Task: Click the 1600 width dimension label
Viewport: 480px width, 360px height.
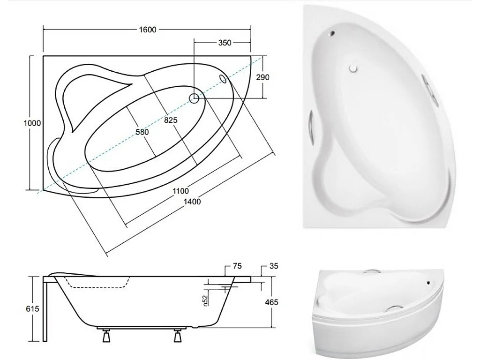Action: tap(147, 30)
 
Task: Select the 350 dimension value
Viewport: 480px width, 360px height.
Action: tap(225, 43)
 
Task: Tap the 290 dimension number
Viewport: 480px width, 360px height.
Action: tap(262, 77)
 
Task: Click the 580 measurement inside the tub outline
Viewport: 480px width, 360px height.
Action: tap(142, 132)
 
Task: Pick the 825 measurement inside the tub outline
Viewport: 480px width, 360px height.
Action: tap(171, 120)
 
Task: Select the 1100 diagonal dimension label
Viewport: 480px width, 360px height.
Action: tap(180, 191)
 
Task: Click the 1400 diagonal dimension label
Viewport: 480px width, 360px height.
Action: tap(192, 202)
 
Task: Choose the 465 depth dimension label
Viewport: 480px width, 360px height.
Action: tap(271, 302)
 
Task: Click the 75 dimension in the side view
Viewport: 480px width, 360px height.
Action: tap(237, 266)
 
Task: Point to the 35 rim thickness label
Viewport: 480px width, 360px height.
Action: tap(274, 266)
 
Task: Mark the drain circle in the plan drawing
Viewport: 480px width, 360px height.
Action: tap(194, 98)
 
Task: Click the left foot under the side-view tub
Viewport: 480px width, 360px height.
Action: tap(105, 336)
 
